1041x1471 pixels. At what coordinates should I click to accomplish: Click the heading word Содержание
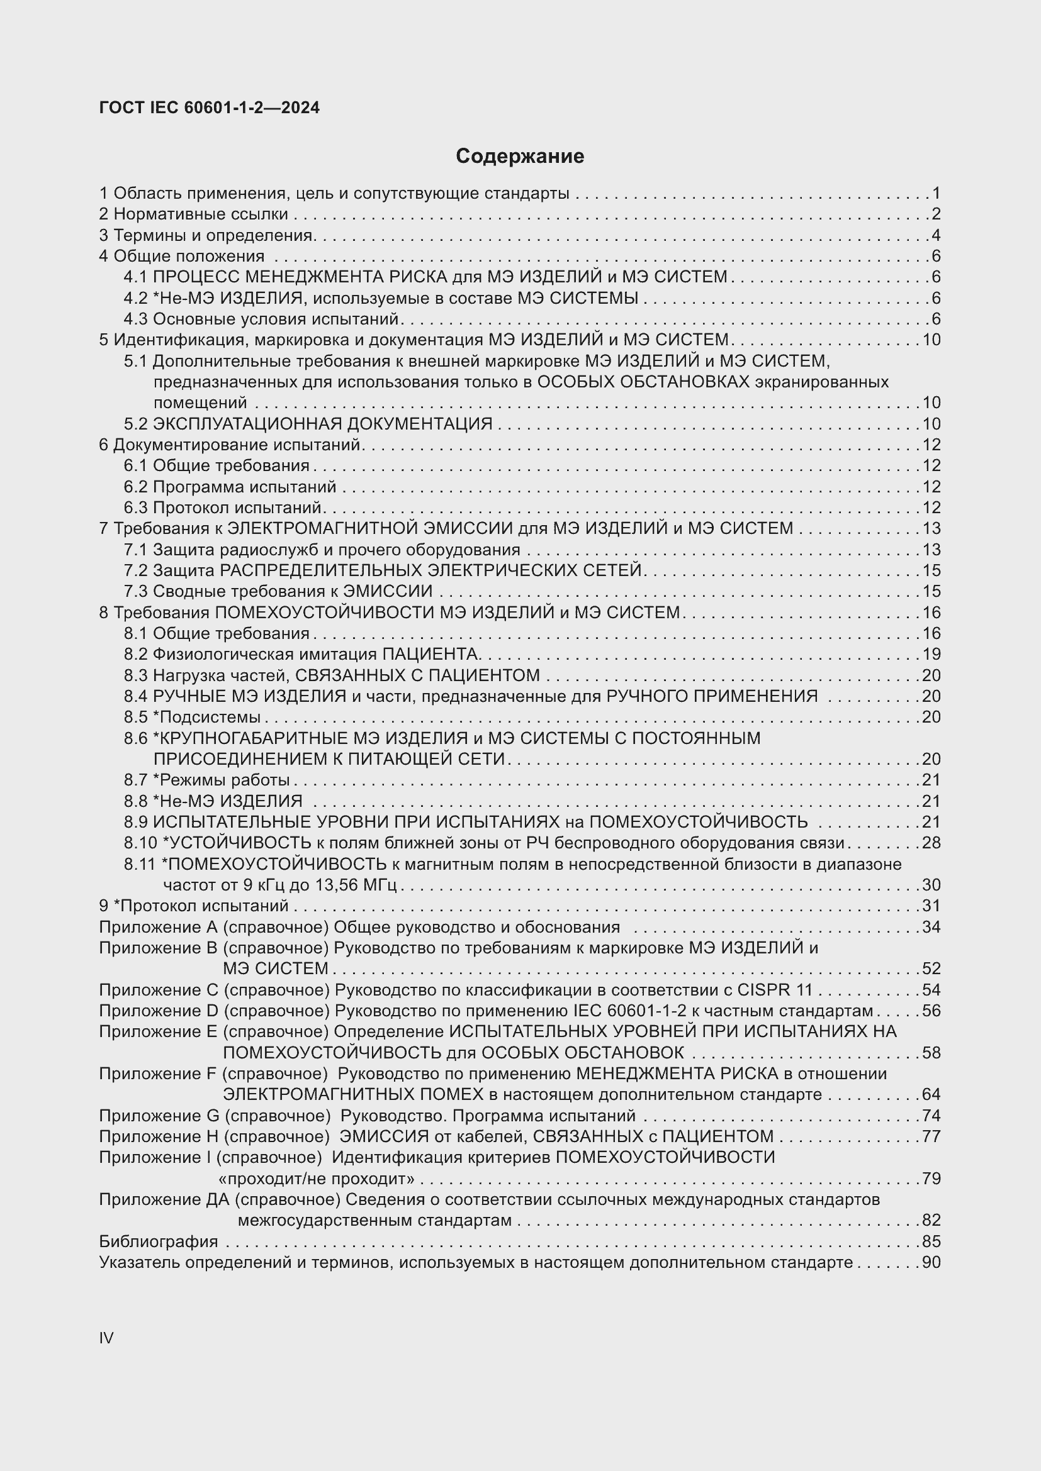pos(520,157)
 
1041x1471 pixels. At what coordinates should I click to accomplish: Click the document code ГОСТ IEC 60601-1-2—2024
pos(209,108)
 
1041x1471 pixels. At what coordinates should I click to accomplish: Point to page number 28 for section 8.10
pos(931,843)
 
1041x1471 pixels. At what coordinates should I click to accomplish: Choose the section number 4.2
pos(135,298)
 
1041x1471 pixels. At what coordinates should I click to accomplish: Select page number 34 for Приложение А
pos(931,927)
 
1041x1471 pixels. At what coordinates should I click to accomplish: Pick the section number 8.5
pos(135,717)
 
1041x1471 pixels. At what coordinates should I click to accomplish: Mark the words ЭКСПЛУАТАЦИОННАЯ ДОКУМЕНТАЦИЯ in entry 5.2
pos(322,424)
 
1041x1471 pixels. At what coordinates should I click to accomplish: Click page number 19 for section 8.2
pos(931,654)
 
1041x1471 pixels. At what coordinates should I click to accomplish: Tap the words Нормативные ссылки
pos(201,214)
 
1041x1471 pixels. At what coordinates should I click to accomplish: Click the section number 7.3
pos(135,591)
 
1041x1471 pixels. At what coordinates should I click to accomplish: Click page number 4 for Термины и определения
pos(936,235)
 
